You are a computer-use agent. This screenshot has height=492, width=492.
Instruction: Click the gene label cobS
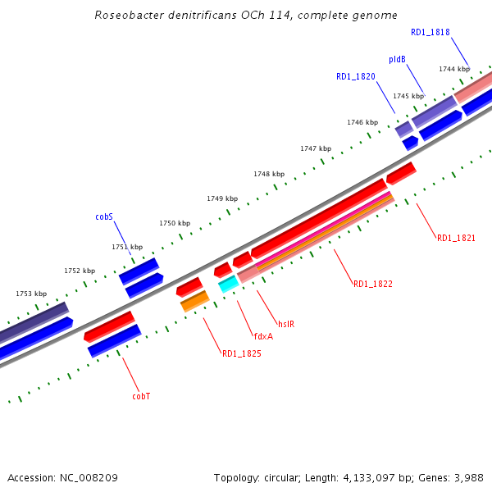pos(103,217)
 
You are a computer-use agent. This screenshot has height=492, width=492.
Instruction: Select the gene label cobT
pos(141,396)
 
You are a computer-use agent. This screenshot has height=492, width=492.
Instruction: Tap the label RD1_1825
pos(242,354)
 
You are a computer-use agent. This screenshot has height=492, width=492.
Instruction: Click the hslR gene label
pos(285,324)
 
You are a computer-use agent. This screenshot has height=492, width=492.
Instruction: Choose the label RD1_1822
pos(373,284)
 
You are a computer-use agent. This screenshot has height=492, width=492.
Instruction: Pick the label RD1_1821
pos(456,238)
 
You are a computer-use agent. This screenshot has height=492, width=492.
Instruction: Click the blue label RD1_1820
pos(356,76)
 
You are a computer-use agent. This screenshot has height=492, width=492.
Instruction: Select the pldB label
pos(398,60)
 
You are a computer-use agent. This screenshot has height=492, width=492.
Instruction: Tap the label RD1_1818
pos(430,33)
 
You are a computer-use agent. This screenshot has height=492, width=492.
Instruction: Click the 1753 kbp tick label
pos(31,294)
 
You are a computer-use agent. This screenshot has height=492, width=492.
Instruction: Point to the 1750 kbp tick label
pos(175,223)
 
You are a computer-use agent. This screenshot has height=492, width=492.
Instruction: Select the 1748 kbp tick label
pos(269,174)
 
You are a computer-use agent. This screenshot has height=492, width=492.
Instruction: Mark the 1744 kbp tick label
pos(454,69)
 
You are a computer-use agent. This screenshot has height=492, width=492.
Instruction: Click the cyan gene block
pos(228,284)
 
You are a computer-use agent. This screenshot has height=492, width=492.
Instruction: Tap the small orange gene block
pos(195,301)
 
